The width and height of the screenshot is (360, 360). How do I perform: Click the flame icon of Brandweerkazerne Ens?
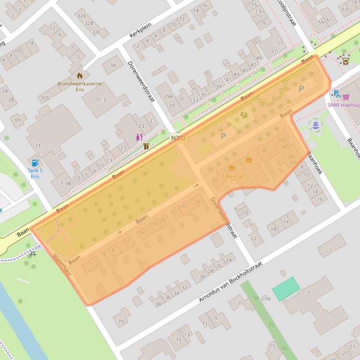tap(80, 75)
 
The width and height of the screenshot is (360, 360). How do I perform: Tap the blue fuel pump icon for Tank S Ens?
tap(35, 163)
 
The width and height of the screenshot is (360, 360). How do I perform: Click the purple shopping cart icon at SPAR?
tap(346, 97)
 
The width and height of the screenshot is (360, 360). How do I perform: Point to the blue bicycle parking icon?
tap(336, 94)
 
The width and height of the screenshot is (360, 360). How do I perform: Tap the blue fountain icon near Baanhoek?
tap(316, 125)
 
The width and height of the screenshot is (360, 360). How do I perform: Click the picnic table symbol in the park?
tap(33, 254)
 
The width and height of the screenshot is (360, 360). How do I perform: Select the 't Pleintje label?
tap(232, 177)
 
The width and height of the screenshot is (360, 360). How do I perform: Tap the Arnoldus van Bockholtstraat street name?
tap(230, 282)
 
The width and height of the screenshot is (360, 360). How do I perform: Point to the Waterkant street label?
tap(61, 265)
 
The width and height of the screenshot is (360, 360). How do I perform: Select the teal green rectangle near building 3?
tap(286, 288)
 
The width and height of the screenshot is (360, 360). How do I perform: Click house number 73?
tap(121, 321)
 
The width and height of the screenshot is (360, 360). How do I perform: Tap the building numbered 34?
tap(113, 65)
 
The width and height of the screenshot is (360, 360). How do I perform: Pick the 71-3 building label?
tap(101, 100)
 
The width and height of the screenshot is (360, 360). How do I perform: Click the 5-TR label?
tap(265, 299)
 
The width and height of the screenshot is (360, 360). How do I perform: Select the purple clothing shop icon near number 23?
tap(138, 137)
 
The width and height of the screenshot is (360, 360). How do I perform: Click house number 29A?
tap(168, 97)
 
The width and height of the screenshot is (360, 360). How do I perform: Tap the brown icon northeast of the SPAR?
tap(346, 61)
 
